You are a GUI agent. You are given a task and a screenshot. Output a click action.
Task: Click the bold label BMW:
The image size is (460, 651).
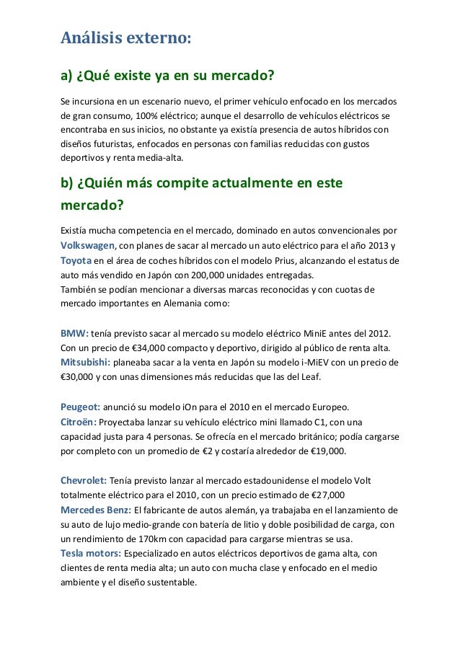pos(75,334)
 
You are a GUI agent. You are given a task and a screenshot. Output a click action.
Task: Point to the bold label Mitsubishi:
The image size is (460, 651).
pos(85,362)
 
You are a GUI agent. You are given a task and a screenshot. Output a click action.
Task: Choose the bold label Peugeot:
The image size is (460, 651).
pos(79,407)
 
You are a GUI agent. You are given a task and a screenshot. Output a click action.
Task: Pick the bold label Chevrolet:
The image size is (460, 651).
pos(84,481)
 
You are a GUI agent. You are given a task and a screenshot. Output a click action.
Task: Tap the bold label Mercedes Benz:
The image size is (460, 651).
pos(95,510)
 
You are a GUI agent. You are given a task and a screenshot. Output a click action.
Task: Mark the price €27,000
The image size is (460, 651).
pos(322,496)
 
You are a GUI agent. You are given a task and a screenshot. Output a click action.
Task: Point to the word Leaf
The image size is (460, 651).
pos(314,377)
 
